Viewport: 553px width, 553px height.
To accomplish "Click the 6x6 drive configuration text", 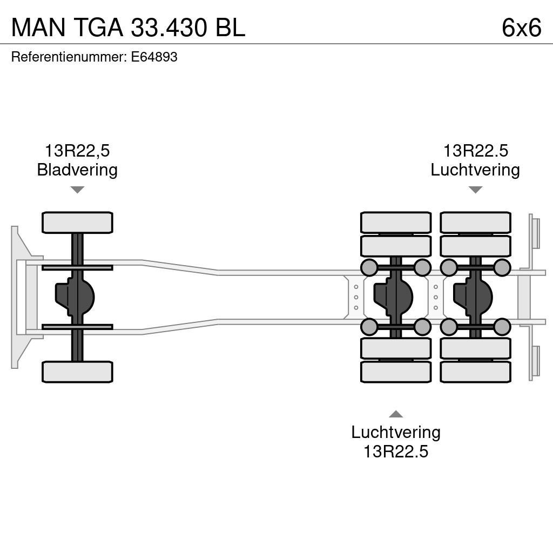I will click(x=521, y=27).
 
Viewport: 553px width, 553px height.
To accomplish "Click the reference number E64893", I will click(x=154, y=57).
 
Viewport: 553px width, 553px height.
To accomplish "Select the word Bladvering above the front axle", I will click(x=77, y=170).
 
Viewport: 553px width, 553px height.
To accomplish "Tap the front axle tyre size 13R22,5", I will click(x=77, y=151).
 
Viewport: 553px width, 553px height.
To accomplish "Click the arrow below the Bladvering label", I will click(x=77, y=190).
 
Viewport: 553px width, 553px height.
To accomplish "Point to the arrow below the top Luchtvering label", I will click(x=475, y=190).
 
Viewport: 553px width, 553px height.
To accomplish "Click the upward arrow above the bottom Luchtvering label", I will click(x=396, y=414).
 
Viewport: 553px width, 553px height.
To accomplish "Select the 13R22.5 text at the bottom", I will click(x=396, y=451).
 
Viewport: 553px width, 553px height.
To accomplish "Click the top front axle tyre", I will click(x=77, y=222).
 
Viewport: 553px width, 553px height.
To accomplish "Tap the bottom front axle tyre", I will click(x=77, y=372).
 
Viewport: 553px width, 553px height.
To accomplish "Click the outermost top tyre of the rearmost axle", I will click(x=475, y=222).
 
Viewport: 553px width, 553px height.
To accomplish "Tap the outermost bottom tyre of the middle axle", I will click(x=396, y=372).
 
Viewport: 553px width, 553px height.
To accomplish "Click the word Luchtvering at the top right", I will click(x=475, y=170).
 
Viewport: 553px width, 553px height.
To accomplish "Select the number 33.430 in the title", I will click(x=169, y=27).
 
